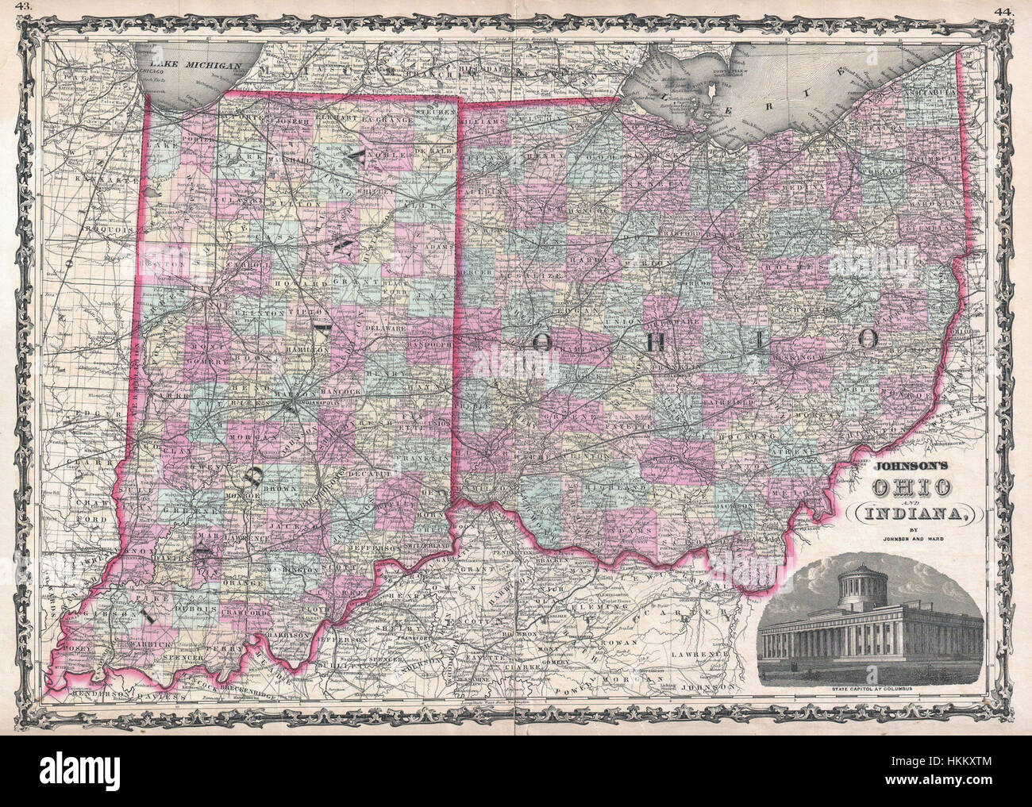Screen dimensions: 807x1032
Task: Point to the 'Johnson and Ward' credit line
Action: [906, 544]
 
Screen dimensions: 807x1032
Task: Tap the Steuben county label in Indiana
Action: [435, 113]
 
